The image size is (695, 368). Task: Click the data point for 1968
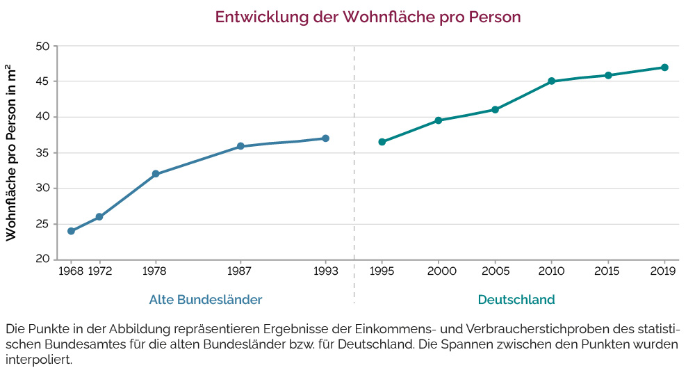pos(71,231)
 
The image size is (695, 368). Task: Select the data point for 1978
pos(156,174)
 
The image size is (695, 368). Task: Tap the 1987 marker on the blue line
pos(240,146)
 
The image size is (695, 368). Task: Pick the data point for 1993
pos(325,138)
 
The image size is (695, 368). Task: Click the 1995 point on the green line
pos(382,142)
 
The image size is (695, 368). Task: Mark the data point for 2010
pos(552,81)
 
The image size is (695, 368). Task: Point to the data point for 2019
pos(664,67)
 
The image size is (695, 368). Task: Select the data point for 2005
pos(495,110)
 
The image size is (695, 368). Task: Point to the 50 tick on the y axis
pos(42,47)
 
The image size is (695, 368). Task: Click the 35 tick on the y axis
pos(42,153)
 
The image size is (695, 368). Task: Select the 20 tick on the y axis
pos(42,259)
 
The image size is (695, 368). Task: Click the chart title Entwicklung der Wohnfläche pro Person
pos(368,17)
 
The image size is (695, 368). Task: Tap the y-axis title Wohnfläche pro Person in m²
pos(12,152)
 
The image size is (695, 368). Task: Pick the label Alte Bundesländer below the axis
pos(206,300)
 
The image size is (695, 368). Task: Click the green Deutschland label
pos(516,300)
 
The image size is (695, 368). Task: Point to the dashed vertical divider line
pos(354,174)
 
